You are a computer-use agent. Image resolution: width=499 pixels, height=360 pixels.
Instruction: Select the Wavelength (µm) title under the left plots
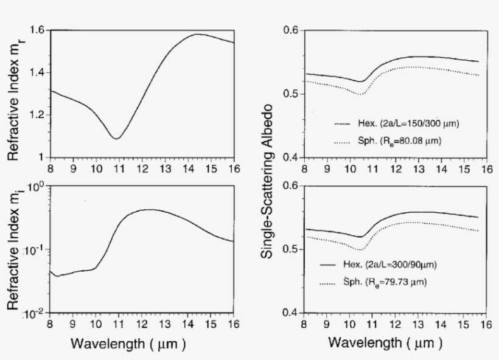pos(128,344)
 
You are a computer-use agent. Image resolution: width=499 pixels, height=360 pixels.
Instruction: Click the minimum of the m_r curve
pos(116,139)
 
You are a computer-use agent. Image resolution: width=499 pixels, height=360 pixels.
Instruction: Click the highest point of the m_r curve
pos(197,34)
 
